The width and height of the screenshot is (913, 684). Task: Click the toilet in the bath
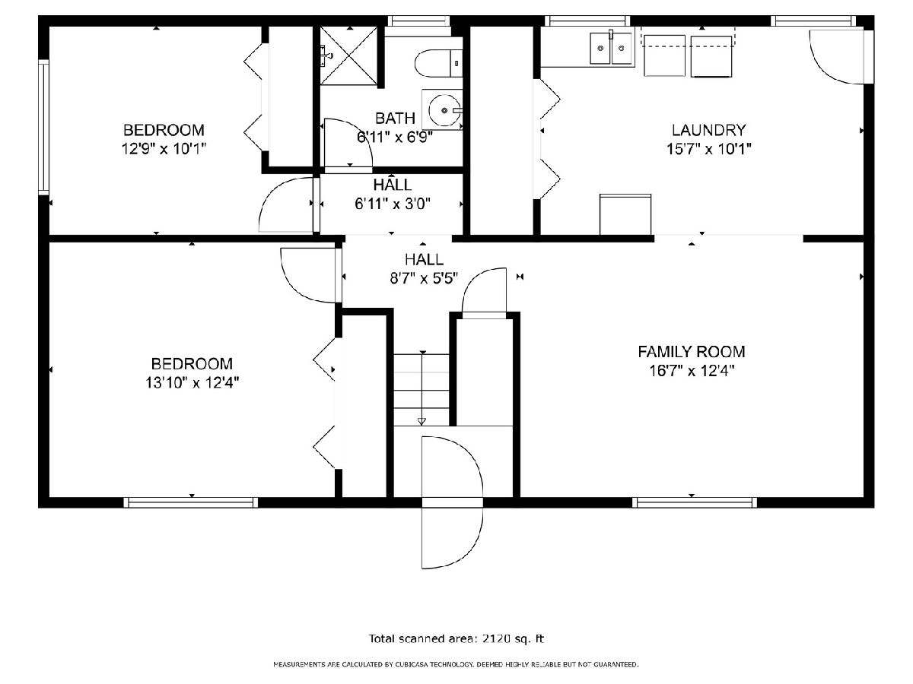(x=438, y=64)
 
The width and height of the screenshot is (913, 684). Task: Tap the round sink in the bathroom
(x=444, y=110)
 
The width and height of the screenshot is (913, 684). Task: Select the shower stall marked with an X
(x=348, y=55)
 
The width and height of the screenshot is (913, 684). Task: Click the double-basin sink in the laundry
(x=611, y=49)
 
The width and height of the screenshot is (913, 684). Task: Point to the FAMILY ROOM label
(x=692, y=352)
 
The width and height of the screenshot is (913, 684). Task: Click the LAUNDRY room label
(x=709, y=130)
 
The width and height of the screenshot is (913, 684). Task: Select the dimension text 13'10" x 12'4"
(x=192, y=382)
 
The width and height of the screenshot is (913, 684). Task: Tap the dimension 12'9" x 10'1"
(x=164, y=148)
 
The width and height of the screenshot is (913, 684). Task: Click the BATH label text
(x=395, y=119)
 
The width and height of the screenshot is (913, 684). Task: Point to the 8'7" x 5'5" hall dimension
(x=424, y=278)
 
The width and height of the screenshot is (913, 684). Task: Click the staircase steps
(x=422, y=390)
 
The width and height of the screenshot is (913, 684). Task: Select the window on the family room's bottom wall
(x=694, y=502)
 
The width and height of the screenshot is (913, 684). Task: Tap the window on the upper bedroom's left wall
(x=43, y=127)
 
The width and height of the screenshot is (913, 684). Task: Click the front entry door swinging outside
(x=452, y=537)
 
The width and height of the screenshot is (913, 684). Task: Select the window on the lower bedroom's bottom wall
(x=191, y=502)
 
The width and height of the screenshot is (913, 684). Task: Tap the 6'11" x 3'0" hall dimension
(x=393, y=204)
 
